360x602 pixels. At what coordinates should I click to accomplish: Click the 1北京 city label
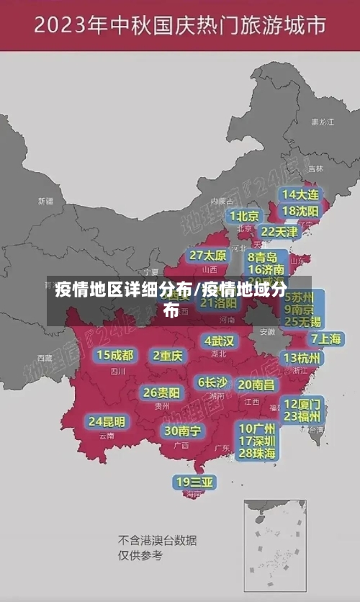(x=244, y=216)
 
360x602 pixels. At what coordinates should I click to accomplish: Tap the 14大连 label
(x=300, y=194)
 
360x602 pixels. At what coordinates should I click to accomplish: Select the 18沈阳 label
(x=300, y=211)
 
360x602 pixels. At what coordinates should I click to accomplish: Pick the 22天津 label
(x=279, y=232)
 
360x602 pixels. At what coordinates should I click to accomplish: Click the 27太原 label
(x=208, y=256)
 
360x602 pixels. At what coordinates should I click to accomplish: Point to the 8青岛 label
(x=264, y=257)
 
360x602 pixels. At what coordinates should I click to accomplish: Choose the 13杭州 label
(x=302, y=358)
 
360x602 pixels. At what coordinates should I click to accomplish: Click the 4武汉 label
(x=219, y=341)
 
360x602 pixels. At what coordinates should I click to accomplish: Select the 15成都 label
(x=115, y=355)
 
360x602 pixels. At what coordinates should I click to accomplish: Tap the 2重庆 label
(x=168, y=355)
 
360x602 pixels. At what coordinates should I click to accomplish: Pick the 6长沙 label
(x=213, y=382)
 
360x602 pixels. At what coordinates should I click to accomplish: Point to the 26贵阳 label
(x=161, y=392)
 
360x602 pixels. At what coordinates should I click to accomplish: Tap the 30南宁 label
(x=182, y=431)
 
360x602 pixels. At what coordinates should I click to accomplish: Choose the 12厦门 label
(x=302, y=403)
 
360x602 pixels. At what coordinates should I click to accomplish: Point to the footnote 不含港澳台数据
(x=157, y=540)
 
